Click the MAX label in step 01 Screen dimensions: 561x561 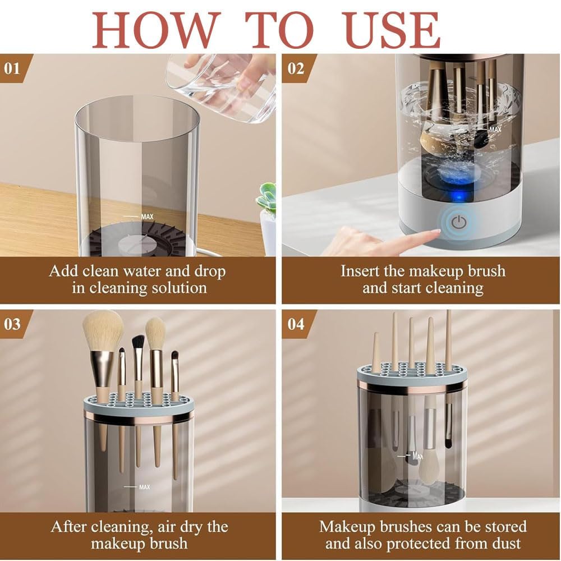(x=147, y=217)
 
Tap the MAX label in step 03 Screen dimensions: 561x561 (x=145, y=487)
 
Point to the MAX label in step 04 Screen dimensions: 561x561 (x=417, y=456)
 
